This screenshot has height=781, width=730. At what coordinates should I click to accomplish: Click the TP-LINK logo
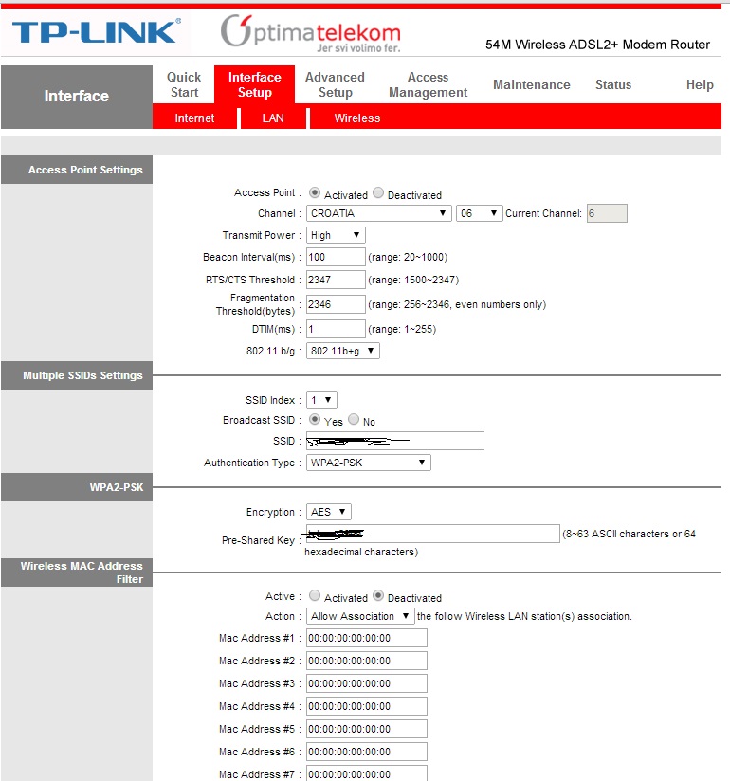(95, 32)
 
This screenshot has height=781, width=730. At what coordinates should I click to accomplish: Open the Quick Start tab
(184, 84)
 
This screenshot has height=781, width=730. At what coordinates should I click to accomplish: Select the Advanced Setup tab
(335, 84)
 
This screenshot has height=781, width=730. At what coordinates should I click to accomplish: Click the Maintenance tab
(531, 84)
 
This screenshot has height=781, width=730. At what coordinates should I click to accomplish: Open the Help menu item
(699, 84)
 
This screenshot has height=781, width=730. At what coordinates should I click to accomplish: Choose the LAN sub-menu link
(273, 118)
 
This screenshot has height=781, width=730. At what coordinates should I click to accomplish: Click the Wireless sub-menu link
(356, 118)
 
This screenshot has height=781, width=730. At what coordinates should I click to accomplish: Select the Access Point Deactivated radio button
(378, 193)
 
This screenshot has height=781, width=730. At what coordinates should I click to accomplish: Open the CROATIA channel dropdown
(378, 213)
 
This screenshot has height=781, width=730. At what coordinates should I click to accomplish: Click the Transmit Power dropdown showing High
(336, 235)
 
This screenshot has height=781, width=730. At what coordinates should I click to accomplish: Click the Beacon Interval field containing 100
(336, 257)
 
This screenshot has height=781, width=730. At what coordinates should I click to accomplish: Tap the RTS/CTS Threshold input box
(336, 280)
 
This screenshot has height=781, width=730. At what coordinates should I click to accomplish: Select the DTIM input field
(336, 329)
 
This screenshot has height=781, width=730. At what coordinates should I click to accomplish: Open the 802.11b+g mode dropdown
(342, 351)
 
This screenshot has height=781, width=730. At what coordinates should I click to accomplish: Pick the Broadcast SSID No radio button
(354, 420)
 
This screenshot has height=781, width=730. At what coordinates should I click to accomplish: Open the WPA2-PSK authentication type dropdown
(368, 463)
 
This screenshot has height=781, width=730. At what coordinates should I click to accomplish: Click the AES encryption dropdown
(328, 512)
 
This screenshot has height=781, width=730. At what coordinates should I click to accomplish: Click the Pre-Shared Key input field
(432, 535)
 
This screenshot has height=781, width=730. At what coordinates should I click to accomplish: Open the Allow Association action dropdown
(360, 616)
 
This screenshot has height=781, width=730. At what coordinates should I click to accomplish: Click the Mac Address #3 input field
(366, 683)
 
